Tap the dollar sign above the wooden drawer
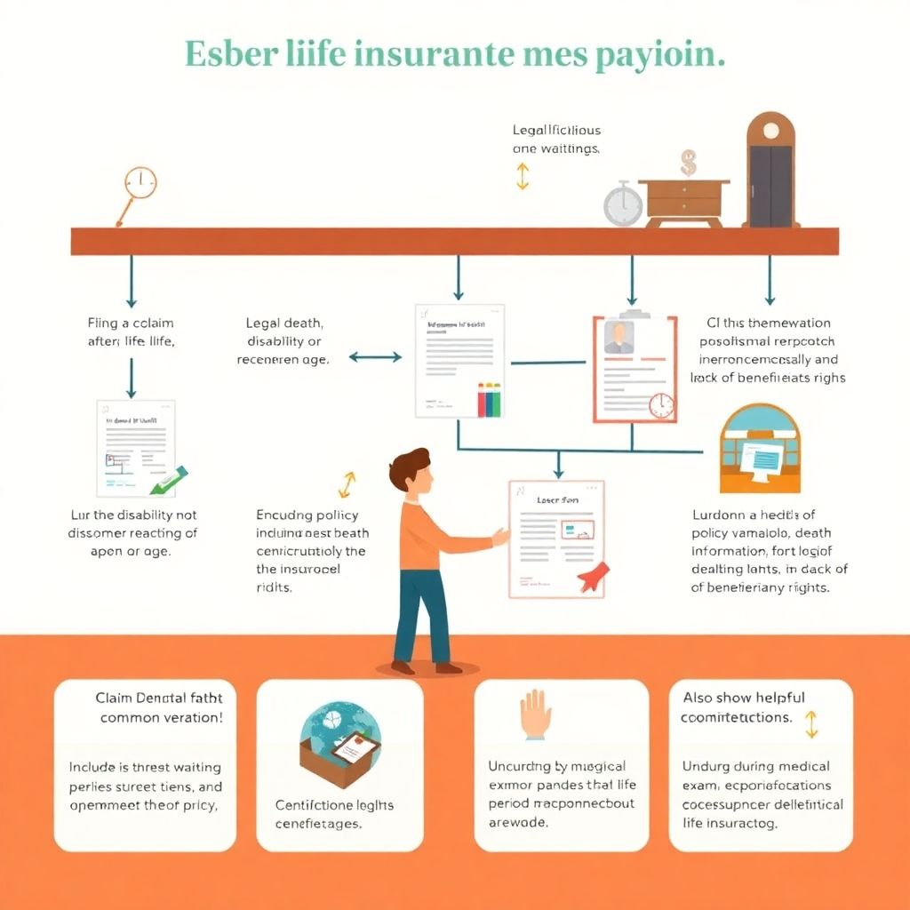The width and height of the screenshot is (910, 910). click(x=688, y=163)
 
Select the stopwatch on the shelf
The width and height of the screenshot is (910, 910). click(x=623, y=204)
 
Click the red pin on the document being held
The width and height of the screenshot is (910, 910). click(x=590, y=578)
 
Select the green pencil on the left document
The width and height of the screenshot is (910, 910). click(x=168, y=479)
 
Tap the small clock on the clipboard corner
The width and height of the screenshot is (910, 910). click(x=661, y=405)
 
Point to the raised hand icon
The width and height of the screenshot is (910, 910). click(x=536, y=714)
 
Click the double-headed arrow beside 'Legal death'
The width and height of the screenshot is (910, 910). click(x=375, y=357)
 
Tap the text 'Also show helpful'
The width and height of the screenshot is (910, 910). click(x=744, y=698)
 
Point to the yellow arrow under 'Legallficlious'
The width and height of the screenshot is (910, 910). click(x=522, y=175)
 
